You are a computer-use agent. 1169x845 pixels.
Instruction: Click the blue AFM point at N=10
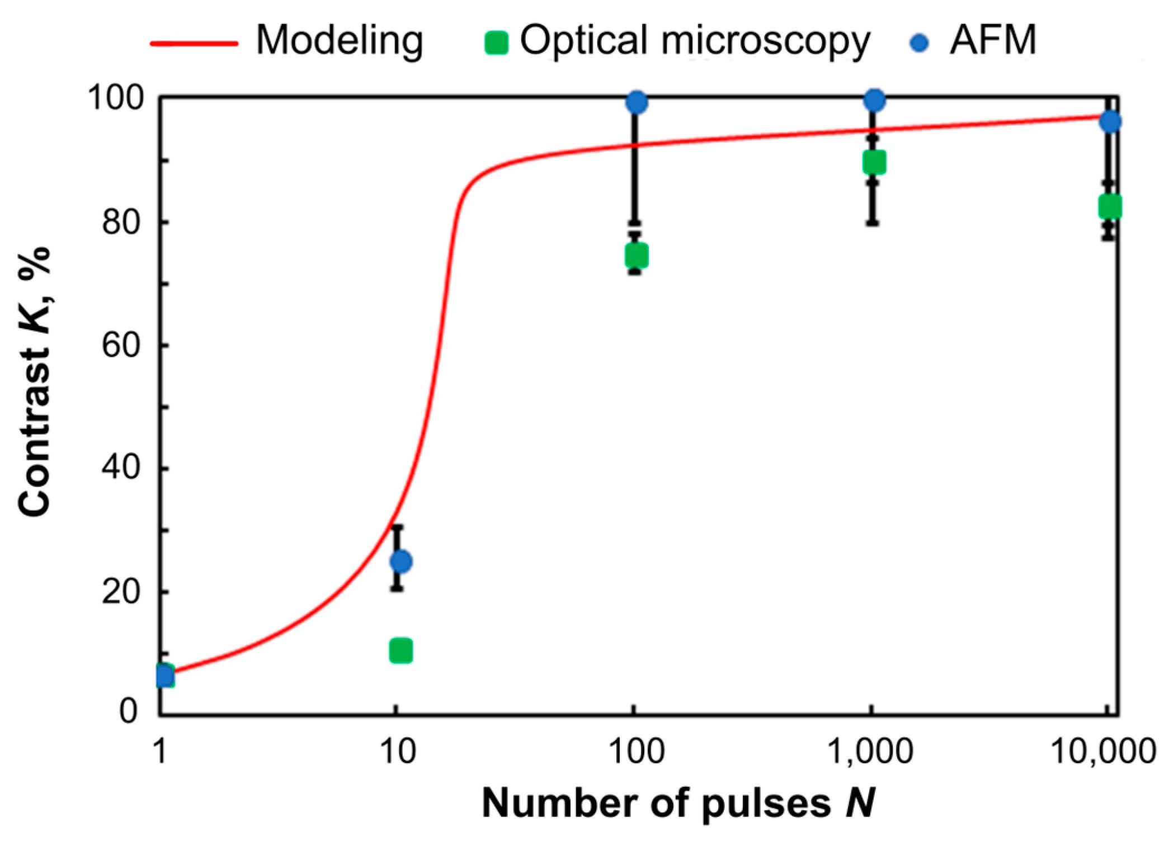pyautogui.click(x=401, y=561)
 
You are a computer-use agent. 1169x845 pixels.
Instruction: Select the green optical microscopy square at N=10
pyautogui.click(x=400, y=650)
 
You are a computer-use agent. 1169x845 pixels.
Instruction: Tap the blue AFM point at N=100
pyautogui.click(x=637, y=102)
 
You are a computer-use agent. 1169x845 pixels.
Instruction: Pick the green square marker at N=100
pyautogui.click(x=636, y=256)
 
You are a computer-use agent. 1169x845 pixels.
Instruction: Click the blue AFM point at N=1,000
pyautogui.click(x=874, y=101)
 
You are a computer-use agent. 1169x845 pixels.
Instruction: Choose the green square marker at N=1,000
pyautogui.click(x=874, y=163)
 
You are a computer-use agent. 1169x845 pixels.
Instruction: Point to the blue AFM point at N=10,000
pyautogui.click(x=1110, y=121)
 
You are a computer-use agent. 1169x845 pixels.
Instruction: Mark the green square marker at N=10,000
pyautogui.click(x=1110, y=206)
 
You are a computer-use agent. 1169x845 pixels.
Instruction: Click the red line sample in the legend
pyautogui.click(x=194, y=43)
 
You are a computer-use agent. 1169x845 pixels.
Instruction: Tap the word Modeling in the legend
pyautogui.click(x=339, y=40)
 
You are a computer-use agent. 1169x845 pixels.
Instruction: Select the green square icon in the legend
pyautogui.click(x=496, y=43)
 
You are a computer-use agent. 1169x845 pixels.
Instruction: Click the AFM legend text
pyautogui.click(x=992, y=40)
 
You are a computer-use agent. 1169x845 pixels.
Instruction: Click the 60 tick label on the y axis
pyautogui.click(x=120, y=345)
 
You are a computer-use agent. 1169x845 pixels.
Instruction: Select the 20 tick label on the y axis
pyautogui.click(x=120, y=592)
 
